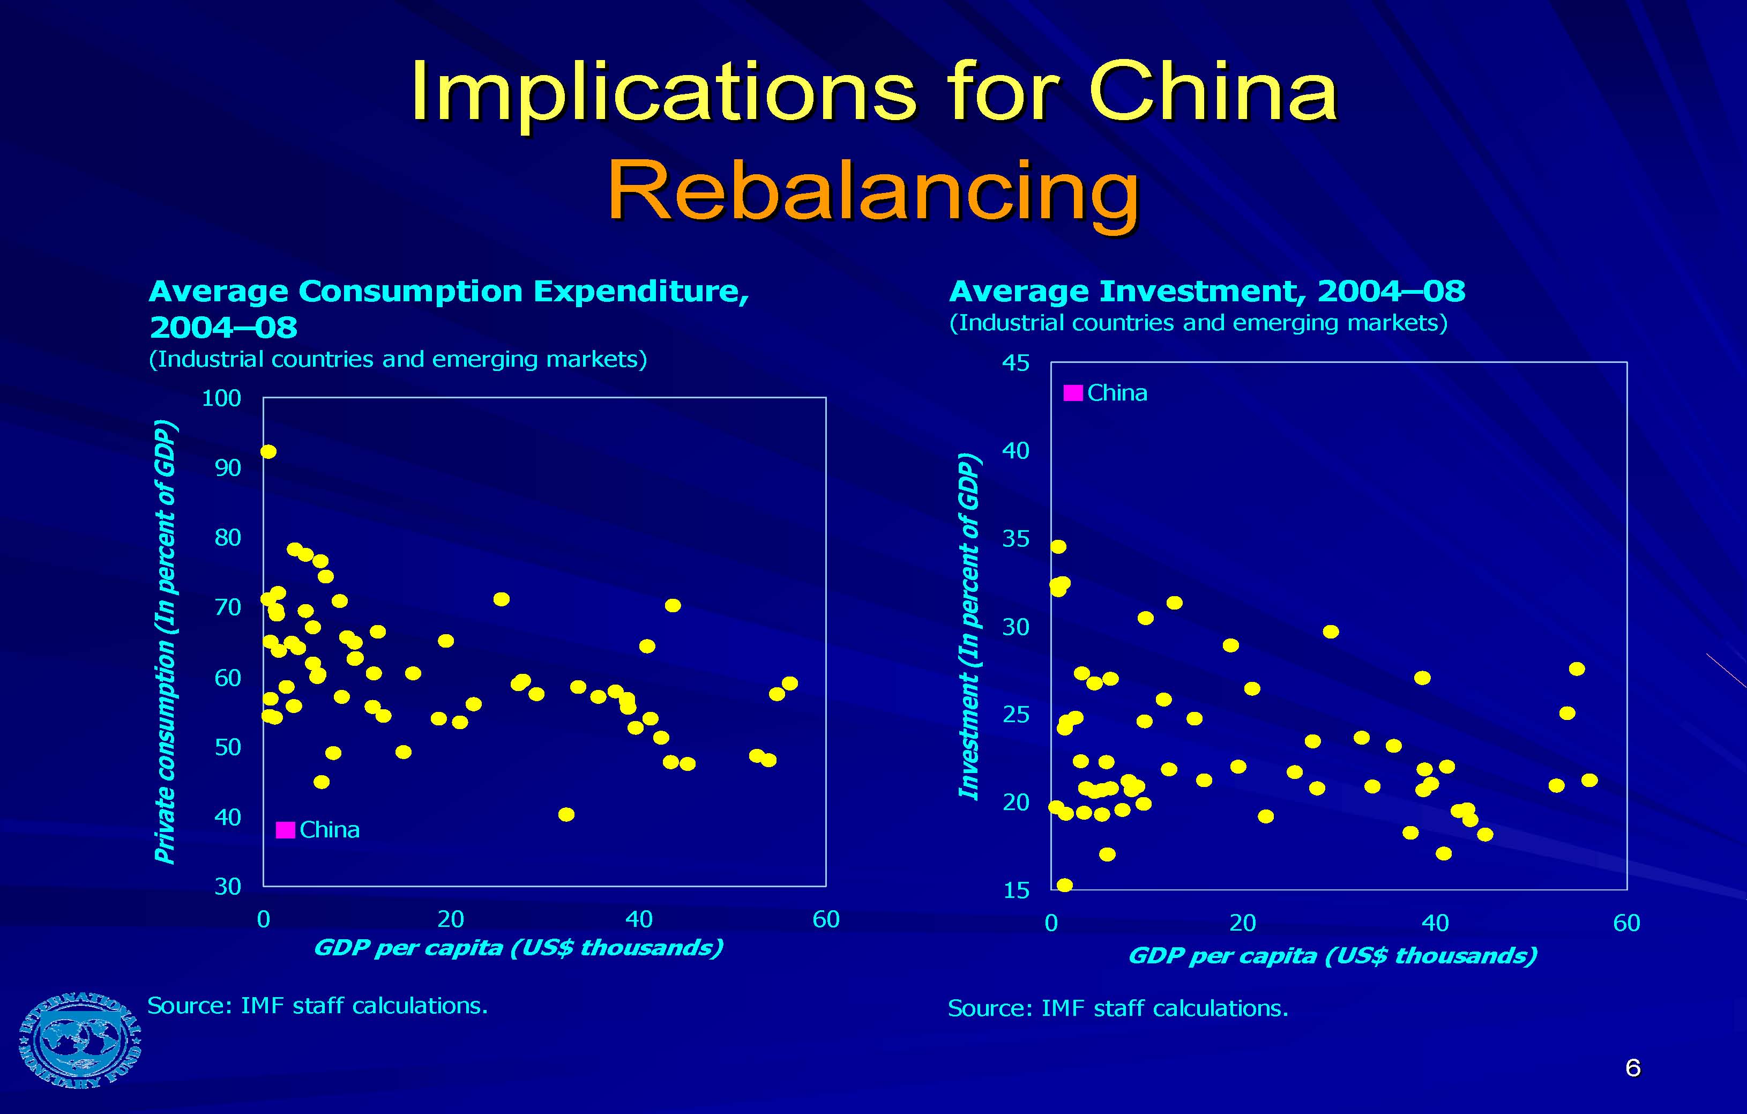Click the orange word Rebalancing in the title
pos(873,190)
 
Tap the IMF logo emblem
pos(80,1039)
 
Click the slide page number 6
pos(1632,1067)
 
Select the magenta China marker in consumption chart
pos(286,829)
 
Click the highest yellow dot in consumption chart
pos(268,451)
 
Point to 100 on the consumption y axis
pos(221,398)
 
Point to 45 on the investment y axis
pos(1015,363)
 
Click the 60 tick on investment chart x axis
pos(1626,923)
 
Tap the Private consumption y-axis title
pos(166,642)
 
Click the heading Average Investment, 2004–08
pos(1206,292)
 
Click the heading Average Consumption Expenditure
pos(449,292)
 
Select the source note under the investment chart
pos(1117,1008)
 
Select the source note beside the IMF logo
pos(317,1005)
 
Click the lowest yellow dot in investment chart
pos(1064,885)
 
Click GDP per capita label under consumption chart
pos(518,948)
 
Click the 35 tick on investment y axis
pos(1015,538)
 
